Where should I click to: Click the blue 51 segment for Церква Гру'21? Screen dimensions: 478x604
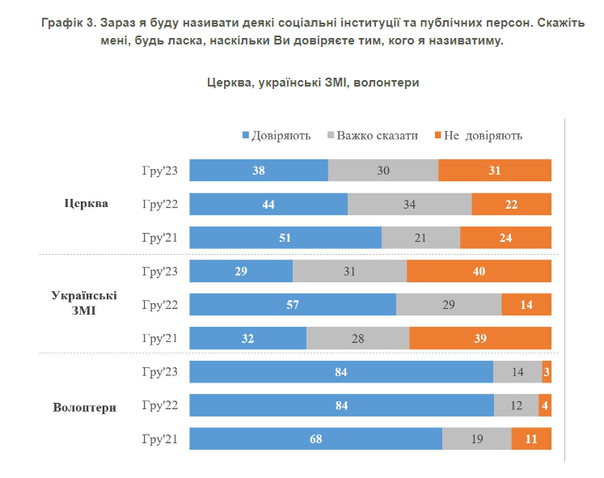coord(285,237)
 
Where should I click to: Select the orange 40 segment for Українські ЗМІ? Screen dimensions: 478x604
coord(479,271)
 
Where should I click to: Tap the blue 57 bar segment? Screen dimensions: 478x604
coord(293,304)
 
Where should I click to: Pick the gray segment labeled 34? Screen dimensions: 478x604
coord(409,204)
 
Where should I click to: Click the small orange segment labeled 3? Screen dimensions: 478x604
coord(547,371)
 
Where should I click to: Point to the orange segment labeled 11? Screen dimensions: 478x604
coord(531,438)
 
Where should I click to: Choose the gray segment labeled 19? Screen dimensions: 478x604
coord(477,438)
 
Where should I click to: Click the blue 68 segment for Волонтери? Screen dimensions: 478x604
coord(316,438)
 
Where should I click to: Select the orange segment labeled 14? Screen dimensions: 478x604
coord(526,304)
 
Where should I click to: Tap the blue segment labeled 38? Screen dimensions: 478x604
coord(259,171)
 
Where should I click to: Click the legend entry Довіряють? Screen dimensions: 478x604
coord(277,135)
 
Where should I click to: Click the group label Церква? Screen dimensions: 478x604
coord(86,203)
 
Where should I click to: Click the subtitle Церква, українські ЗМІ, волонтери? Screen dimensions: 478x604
coord(313,82)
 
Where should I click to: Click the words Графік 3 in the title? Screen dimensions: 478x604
coord(71,23)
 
